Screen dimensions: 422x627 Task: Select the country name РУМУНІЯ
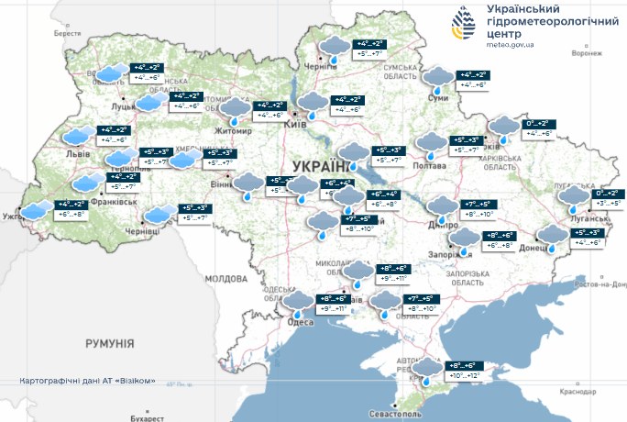pos(109,343)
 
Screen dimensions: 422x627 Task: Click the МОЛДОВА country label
pos(225,277)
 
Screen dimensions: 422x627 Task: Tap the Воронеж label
pos(586,53)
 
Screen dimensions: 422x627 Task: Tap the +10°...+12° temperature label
pos(461,376)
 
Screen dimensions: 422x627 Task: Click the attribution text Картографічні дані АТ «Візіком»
pos(93,381)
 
